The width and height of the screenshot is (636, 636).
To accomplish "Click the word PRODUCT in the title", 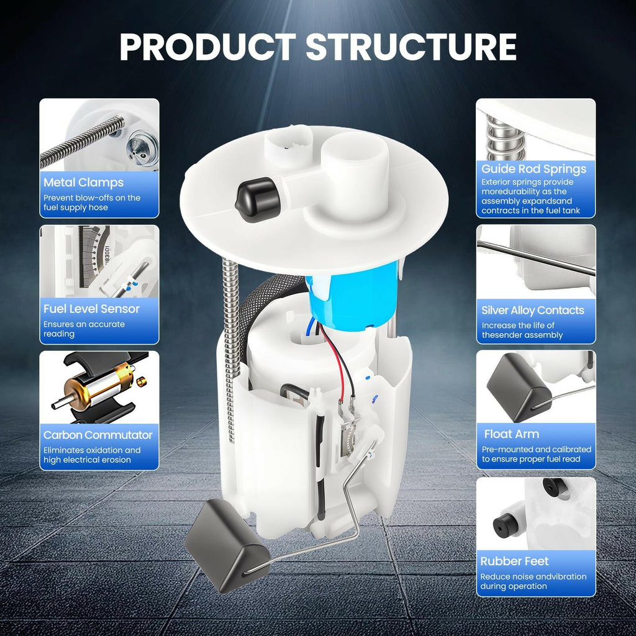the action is click(207, 47).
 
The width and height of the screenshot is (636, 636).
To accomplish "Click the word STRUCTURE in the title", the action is click(411, 47).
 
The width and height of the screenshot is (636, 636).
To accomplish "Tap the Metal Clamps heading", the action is click(84, 183).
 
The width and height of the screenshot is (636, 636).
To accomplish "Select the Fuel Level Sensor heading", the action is click(91, 309).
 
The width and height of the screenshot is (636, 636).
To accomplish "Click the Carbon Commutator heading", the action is click(98, 435).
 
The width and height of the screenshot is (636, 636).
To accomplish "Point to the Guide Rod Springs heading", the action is click(534, 169).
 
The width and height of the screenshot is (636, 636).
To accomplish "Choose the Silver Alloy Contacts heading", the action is click(532, 311).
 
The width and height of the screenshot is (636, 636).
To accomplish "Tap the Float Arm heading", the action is click(512, 434).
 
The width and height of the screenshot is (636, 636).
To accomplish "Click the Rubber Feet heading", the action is click(514, 561).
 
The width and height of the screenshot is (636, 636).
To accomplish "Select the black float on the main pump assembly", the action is click(227, 545).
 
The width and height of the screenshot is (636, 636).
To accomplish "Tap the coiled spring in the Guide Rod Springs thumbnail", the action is click(506, 139).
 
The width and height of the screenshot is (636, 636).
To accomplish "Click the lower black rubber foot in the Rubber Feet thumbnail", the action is click(506, 525).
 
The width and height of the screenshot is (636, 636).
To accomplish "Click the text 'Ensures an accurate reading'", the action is click(84, 329).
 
